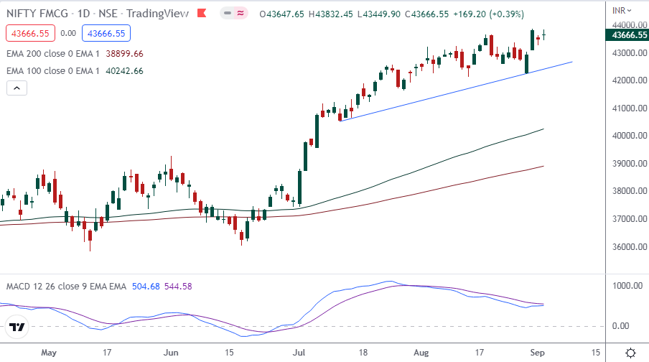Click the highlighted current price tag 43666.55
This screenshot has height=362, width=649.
[x=627, y=34]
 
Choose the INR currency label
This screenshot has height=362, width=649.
[x=619, y=10]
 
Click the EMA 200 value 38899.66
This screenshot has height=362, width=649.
[x=123, y=53]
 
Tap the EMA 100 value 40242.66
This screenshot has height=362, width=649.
[x=123, y=70]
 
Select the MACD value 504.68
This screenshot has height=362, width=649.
[x=147, y=287]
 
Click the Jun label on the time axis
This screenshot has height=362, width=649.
[x=171, y=353]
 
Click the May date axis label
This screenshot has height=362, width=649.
[x=49, y=353]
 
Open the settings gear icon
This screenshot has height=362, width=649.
[x=630, y=353]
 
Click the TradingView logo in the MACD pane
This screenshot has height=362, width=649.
[x=18, y=328]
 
